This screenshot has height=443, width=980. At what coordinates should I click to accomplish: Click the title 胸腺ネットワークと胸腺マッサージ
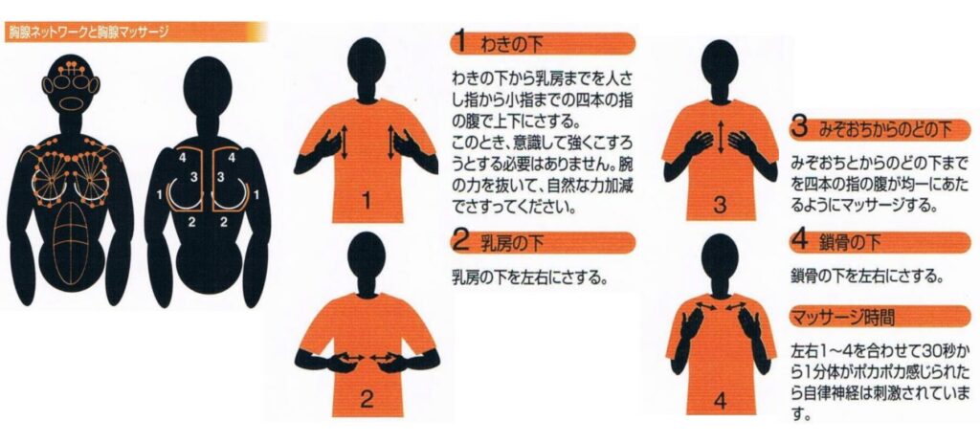(x=87, y=33)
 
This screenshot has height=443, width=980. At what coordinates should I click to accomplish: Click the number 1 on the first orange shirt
(x=367, y=201)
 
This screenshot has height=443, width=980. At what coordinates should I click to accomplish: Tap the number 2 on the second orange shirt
(x=367, y=399)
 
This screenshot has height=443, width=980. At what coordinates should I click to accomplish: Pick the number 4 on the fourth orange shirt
(x=720, y=401)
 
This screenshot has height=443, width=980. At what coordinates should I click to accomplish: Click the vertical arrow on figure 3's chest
(x=721, y=138)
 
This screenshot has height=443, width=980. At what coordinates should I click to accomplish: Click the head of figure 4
(x=720, y=256)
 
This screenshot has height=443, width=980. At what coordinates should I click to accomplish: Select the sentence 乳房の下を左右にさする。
(x=529, y=276)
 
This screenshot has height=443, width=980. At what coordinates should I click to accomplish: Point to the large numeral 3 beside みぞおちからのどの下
(x=800, y=129)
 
